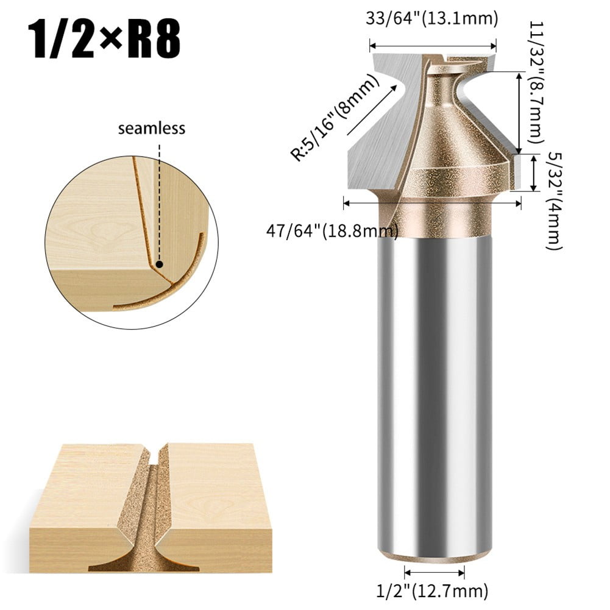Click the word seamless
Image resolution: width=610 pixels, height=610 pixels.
tap(152, 129)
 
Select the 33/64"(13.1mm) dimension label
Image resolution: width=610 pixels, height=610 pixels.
tap(432, 19)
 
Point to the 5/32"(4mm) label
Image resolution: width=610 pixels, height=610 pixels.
tap(552, 201)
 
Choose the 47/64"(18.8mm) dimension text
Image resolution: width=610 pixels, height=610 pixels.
tap(332, 231)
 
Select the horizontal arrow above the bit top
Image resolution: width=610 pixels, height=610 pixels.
tap(433, 45)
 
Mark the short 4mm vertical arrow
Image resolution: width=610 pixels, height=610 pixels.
tap(534, 174)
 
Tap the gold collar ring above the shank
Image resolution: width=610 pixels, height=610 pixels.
tap(434, 219)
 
